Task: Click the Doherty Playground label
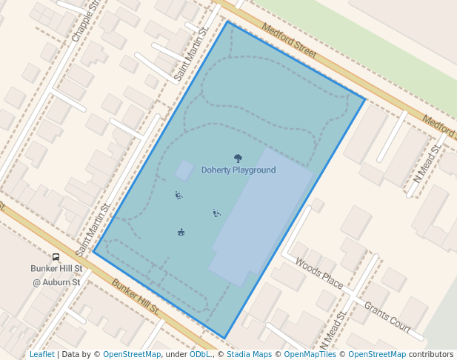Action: pos(238,170)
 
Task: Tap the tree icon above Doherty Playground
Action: pos(238,158)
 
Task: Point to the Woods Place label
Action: pos(318,273)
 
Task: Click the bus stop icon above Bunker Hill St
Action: pos(56,257)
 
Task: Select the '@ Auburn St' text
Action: pos(56,282)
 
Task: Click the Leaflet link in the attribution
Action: pos(41,354)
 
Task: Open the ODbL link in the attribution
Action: pos(201,354)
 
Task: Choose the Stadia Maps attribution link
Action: pos(250,354)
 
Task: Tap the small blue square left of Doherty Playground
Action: pos(184,170)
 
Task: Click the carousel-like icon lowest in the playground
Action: pos(181,233)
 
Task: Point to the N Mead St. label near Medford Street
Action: pos(427,163)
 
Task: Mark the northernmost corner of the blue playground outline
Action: pos(228,22)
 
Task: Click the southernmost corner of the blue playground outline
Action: pos(224,339)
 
